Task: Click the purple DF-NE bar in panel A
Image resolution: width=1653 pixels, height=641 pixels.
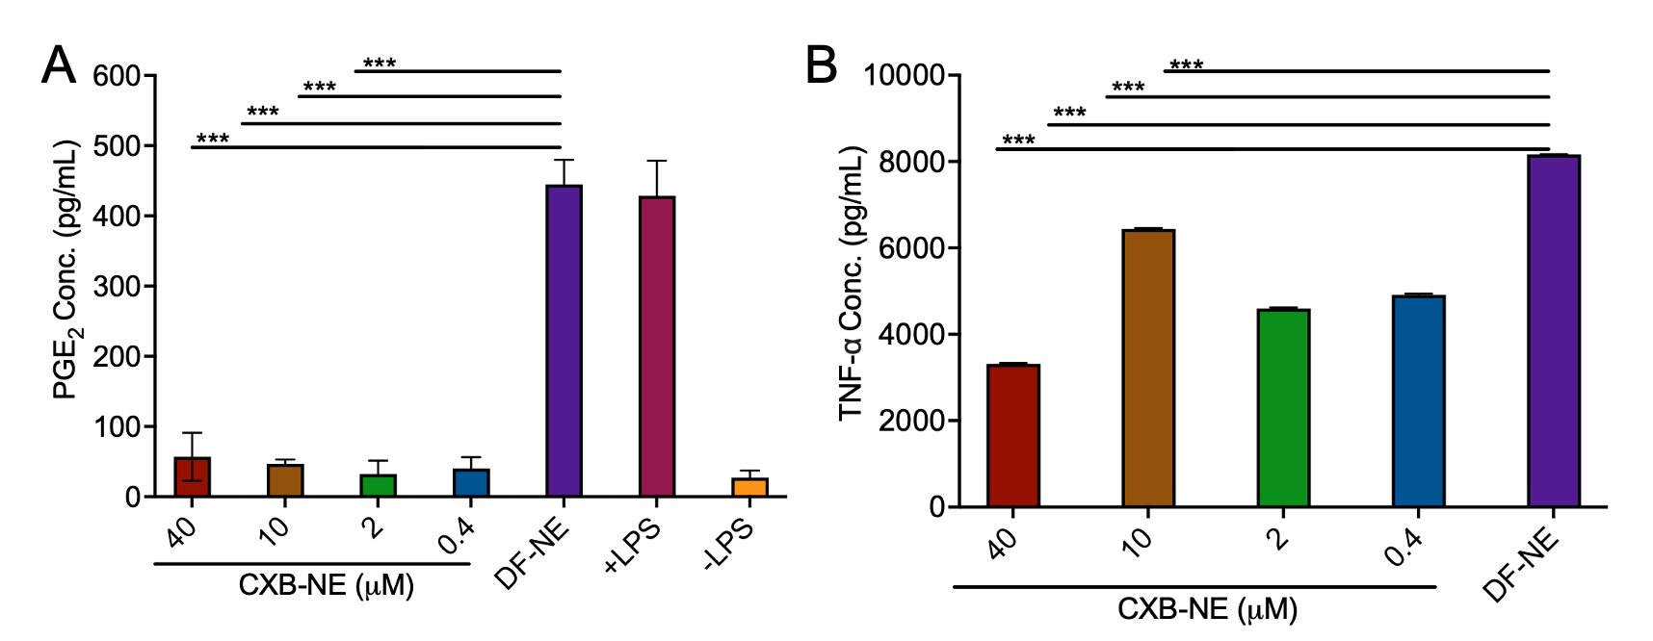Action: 564,341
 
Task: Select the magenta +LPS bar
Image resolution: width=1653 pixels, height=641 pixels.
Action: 657,346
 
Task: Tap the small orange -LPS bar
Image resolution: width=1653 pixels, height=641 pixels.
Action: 749,487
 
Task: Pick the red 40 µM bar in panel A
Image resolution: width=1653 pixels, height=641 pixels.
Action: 193,477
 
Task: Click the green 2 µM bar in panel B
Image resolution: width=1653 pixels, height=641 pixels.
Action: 1283,408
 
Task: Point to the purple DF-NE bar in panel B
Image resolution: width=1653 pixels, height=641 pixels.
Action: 1553,331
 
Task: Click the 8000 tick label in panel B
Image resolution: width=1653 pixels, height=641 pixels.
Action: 903,162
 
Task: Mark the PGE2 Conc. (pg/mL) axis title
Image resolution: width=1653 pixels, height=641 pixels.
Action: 66,269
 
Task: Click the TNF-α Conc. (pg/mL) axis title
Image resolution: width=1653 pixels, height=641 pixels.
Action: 852,284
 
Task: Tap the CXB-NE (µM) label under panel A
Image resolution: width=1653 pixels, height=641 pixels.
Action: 326,585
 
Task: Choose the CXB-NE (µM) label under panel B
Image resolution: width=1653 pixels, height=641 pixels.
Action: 1207,609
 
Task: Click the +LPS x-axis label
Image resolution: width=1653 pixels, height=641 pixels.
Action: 634,546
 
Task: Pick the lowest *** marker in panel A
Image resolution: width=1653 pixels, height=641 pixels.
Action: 213,140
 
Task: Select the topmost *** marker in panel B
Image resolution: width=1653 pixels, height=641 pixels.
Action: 1186,65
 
